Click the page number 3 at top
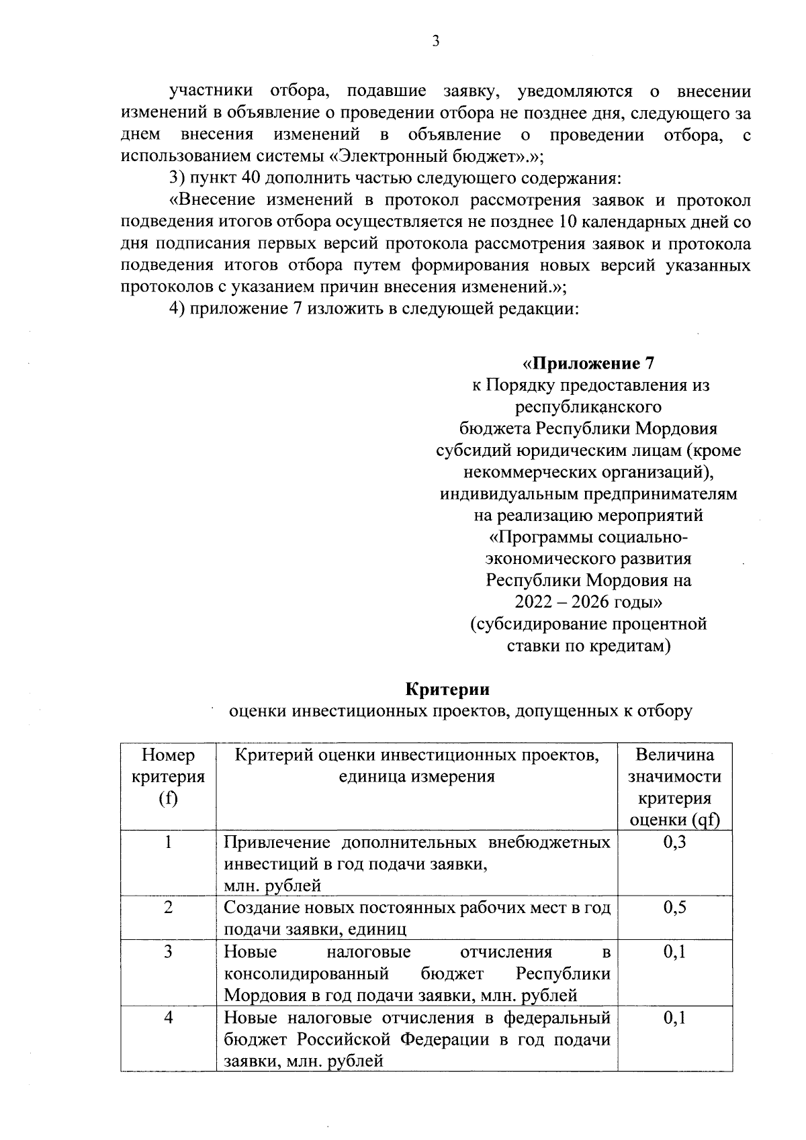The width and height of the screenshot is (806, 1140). (x=435, y=42)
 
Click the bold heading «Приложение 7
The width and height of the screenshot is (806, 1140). (x=588, y=364)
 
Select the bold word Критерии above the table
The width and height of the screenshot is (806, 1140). (x=447, y=689)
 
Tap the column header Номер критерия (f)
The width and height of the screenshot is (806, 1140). (x=169, y=777)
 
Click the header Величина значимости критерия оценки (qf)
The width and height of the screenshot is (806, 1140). (x=674, y=787)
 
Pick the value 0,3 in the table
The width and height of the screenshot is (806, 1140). (x=674, y=843)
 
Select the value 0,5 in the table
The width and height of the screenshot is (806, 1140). (x=674, y=908)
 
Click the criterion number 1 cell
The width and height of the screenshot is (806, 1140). (x=169, y=842)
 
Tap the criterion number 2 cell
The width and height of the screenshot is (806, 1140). (x=169, y=908)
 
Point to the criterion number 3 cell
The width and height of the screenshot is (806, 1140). (x=169, y=951)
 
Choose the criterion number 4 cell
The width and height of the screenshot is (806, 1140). (x=169, y=1017)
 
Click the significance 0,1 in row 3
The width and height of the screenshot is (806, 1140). (x=674, y=951)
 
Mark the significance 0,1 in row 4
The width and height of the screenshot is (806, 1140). (x=674, y=1017)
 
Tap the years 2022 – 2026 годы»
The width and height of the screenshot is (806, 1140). (x=588, y=602)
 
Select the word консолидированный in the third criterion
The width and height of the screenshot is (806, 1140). (x=306, y=973)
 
